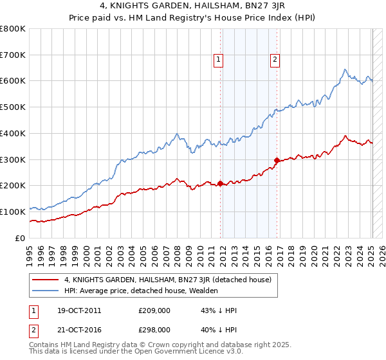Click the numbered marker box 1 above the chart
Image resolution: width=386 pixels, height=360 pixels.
tap(219, 60)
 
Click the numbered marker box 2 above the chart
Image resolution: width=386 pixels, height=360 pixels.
tap(275, 60)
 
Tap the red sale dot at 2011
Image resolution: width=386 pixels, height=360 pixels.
tap(220, 183)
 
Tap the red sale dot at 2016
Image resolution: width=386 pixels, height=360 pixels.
tap(277, 160)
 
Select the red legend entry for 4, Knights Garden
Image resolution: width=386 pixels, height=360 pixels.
tap(168, 280)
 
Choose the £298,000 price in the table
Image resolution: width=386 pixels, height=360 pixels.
tap(154, 329)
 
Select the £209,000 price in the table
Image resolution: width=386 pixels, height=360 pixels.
tap(154, 310)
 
